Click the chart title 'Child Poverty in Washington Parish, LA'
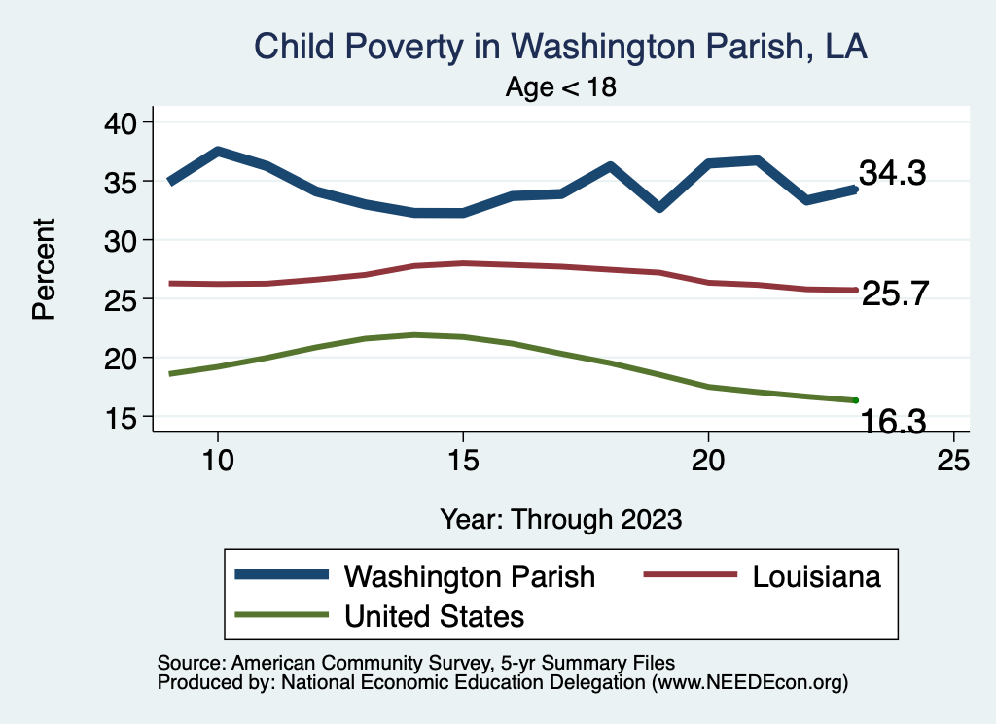[x=560, y=46]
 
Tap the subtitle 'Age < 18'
[x=561, y=87]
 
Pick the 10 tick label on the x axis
[x=218, y=460]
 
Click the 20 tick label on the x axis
[x=708, y=460]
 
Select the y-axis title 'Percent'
[x=43, y=268]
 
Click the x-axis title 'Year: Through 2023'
[x=560, y=519]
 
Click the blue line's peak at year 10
[x=218, y=152]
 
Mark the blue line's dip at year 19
[x=659, y=207]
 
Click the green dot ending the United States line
[x=855, y=400]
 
